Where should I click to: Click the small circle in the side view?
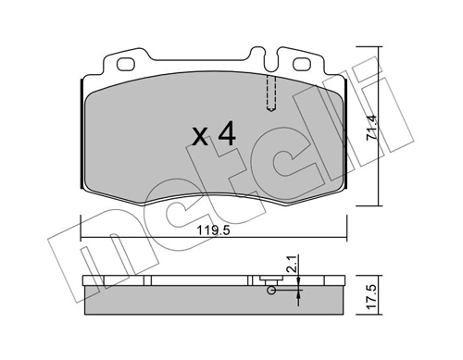coord(270,291)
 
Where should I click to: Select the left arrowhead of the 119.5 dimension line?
coord(85,238)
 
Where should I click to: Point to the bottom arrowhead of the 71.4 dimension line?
coord(380,198)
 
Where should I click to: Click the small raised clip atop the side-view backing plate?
coord(272,275)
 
